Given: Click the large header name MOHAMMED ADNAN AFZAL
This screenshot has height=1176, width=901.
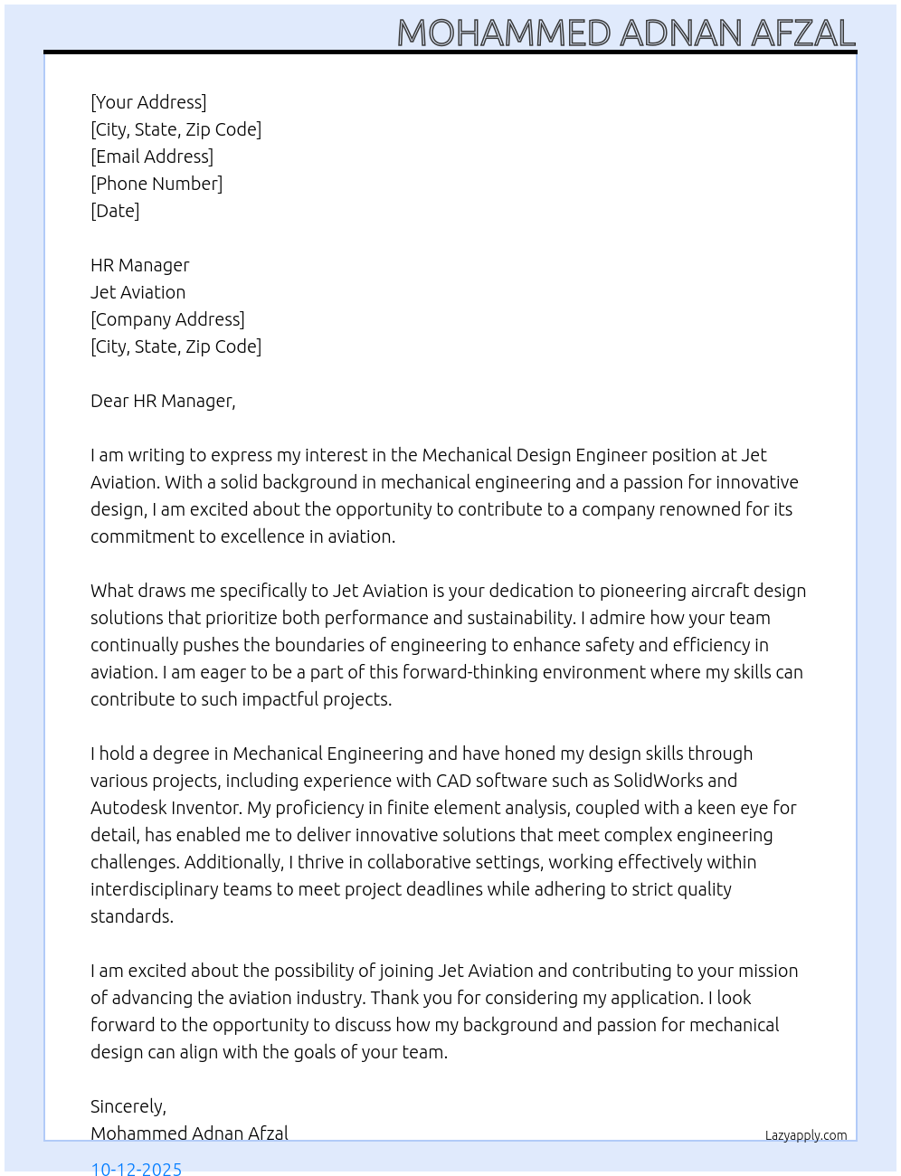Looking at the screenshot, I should point(626,33).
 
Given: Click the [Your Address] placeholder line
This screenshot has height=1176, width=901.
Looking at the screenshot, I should point(148,102).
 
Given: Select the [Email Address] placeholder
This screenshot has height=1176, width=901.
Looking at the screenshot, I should point(152,156).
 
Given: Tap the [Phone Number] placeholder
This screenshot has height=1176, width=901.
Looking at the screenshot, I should point(156,184).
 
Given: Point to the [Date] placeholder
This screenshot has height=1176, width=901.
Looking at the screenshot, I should point(115,211).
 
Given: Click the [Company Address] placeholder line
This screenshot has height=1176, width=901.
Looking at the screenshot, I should point(167,319).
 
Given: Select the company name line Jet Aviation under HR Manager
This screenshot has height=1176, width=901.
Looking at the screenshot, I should point(138,292).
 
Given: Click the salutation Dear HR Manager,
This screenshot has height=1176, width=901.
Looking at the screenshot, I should point(163,401).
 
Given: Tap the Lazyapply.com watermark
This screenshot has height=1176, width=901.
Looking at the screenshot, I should point(805,1135).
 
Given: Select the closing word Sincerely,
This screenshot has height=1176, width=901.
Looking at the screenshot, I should point(128,1106).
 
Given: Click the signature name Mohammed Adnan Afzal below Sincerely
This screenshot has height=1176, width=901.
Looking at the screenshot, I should point(189,1133).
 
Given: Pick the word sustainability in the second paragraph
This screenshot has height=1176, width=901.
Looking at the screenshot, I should point(519,618).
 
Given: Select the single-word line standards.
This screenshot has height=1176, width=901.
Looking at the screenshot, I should point(132,916).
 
